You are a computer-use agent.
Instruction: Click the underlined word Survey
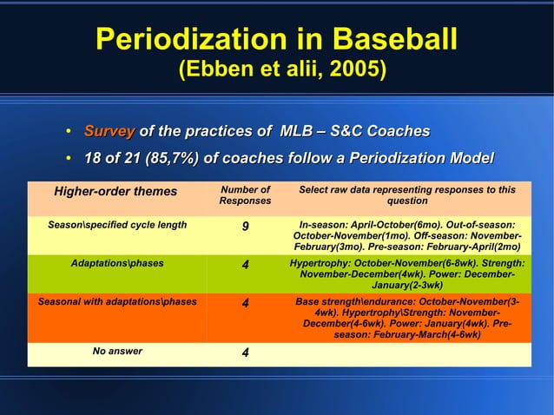pos(109,131)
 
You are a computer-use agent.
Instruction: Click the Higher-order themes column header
pos(115,191)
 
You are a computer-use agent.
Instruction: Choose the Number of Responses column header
pos(245,195)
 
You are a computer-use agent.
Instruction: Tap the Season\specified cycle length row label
pos(117,225)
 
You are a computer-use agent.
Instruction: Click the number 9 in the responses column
pos(246,228)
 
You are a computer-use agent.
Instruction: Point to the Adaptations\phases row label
pos(117,260)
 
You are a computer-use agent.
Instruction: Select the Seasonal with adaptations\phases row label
pos(117,302)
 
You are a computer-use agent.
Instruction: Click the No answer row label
pos(117,351)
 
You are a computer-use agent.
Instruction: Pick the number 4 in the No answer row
pos(246,353)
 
